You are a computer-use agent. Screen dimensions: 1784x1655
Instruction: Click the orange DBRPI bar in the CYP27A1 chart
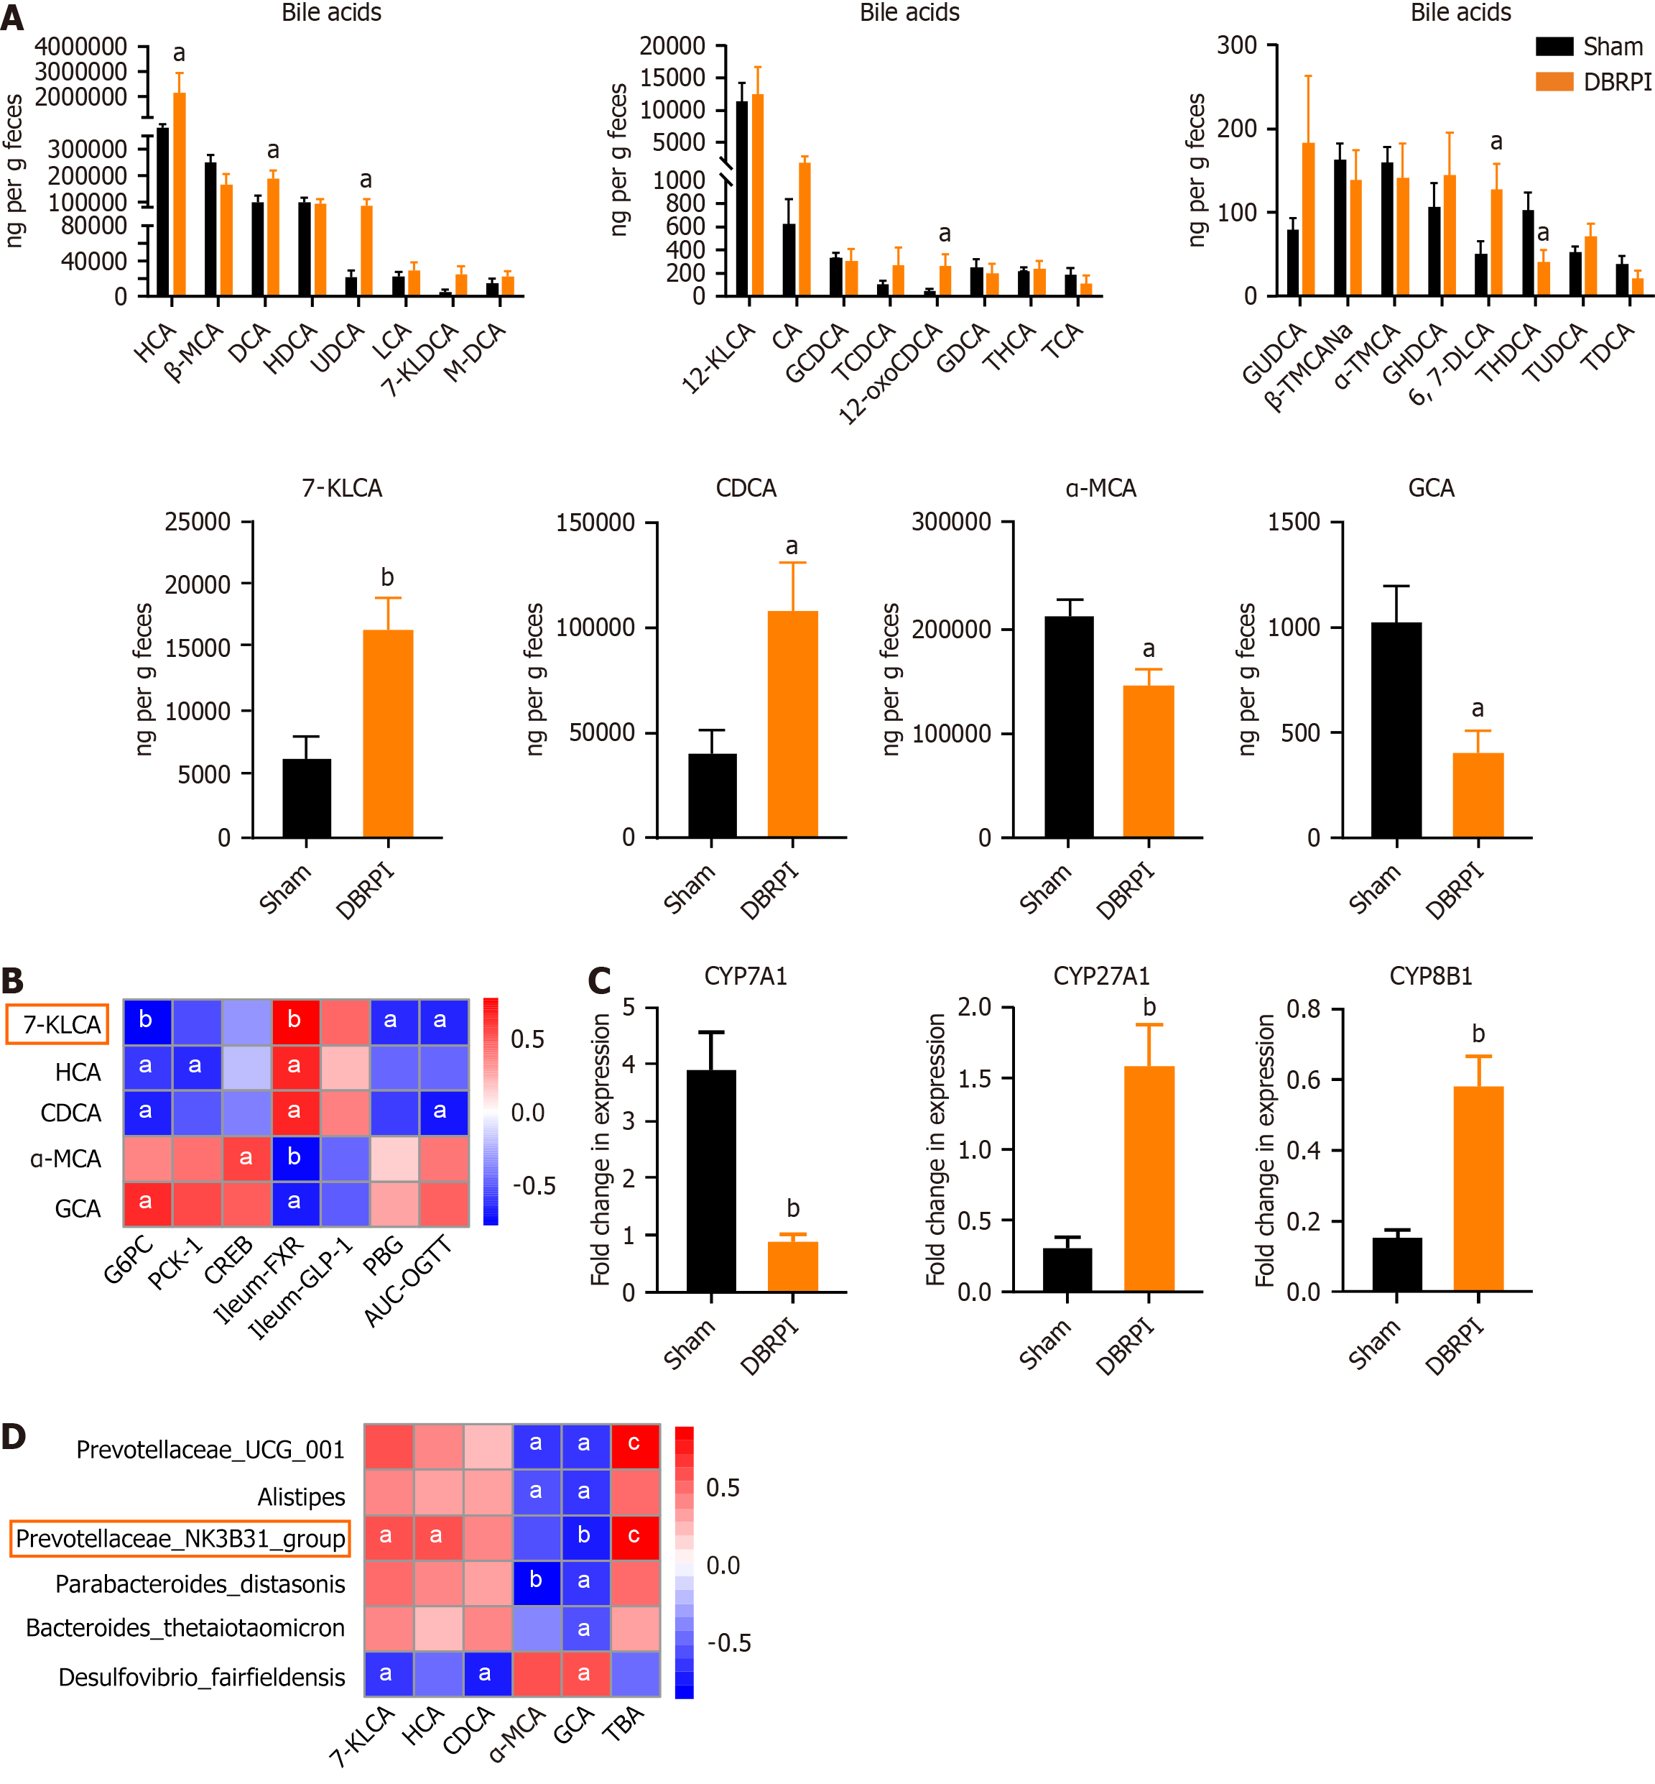click(x=1149, y=1178)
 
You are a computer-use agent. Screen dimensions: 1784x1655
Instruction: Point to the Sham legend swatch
click(x=1554, y=47)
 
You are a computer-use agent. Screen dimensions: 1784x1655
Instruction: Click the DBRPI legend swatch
click(x=1554, y=81)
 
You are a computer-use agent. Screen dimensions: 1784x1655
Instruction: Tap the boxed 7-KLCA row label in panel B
click(x=58, y=1024)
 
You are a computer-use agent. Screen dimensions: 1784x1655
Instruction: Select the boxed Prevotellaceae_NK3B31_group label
click(x=180, y=1538)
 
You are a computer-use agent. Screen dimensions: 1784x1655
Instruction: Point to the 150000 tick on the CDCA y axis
click(x=595, y=523)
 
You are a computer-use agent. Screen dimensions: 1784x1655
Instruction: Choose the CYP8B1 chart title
click(x=1430, y=976)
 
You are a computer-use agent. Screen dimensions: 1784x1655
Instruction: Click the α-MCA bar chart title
click(x=1100, y=488)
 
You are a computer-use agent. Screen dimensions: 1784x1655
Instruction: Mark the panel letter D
click(x=14, y=1436)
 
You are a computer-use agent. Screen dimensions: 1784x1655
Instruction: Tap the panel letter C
click(x=599, y=981)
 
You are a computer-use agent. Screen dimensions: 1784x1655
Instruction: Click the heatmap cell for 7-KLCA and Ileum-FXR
click(x=295, y=1021)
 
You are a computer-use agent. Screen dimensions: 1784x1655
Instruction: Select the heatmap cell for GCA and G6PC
click(x=147, y=1203)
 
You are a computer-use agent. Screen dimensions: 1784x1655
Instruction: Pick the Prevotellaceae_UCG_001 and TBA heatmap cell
click(x=635, y=1445)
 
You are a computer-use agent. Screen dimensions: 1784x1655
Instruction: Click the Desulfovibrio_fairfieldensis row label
click(x=202, y=1676)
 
